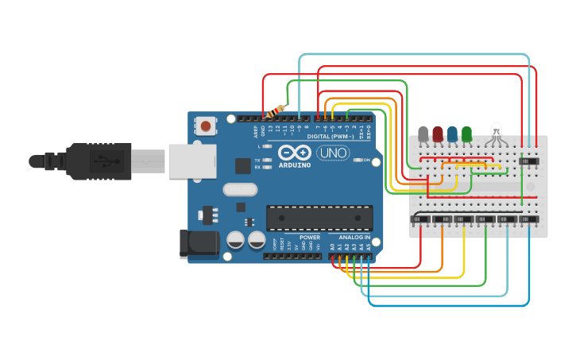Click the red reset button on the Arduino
click(206, 126)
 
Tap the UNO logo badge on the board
click(332, 153)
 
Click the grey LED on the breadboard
click(423, 134)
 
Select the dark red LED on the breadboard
click(438, 134)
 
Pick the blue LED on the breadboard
click(452, 134)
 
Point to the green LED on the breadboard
click(466, 134)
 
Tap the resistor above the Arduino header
click(277, 110)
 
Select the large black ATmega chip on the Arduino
click(319, 218)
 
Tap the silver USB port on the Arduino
click(191, 160)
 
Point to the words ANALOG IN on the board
click(354, 238)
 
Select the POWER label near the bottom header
click(310, 238)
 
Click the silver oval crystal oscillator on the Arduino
click(240, 189)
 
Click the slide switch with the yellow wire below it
click(464, 219)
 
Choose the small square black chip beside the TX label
click(243, 165)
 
